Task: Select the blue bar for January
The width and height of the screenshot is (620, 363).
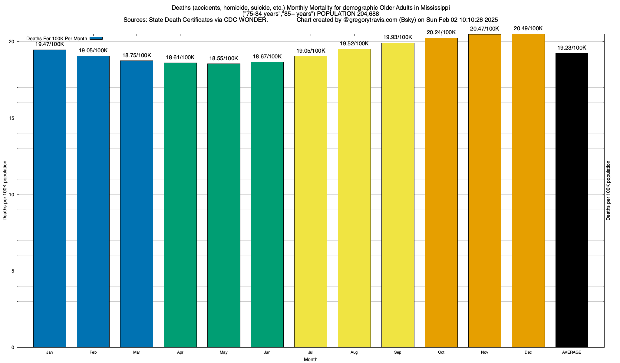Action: click(50, 198)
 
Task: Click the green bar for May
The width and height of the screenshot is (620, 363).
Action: click(224, 205)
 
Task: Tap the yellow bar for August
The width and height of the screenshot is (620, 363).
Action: click(354, 198)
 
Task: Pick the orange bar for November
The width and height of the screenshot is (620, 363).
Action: click(485, 191)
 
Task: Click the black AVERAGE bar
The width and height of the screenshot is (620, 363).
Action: click(572, 200)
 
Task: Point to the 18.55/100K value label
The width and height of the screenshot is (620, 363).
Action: click(224, 58)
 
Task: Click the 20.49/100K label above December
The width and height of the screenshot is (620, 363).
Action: click(528, 29)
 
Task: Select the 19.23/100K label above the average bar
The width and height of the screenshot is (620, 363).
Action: click(572, 48)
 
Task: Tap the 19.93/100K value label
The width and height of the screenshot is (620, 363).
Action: click(397, 37)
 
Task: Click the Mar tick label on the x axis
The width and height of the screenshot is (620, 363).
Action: click(137, 352)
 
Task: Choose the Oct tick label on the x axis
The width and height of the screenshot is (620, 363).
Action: click(441, 352)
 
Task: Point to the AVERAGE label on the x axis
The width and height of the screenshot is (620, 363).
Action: click(572, 352)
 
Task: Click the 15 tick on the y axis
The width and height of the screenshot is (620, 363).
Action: click(12, 118)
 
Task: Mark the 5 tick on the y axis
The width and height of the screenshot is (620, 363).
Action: click(13, 271)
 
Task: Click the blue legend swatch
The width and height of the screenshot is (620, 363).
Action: click(96, 38)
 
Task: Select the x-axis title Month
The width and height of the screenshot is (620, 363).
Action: click(311, 360)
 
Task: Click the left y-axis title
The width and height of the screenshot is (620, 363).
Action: click(5, 191)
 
